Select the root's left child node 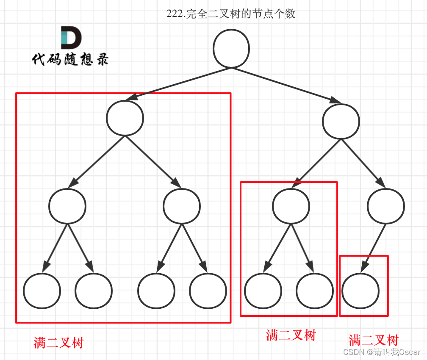pyautogui.click(x=125, y=118)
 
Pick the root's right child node pyautogui.click(x=341, y=122)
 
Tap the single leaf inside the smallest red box pyautogui.click(x=360, y=291)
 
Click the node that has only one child pyautogui.click(x=386, y=206)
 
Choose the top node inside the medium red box pyautogui.click(x=291, y=206)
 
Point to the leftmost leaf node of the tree pyautogui.click(x=42, y=291)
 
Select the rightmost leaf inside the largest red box pyautogui.click(x=208, y=291)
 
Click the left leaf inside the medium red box pyautogui.click(x=263, y=291)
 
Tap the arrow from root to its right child pyautogui.click(x=288, y=85)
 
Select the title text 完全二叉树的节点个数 pyautogui.click(x=242, y=14)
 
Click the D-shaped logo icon pyautogui.click(x=71, y=37)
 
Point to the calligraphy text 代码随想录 pyautogui.click(x=70, y=59)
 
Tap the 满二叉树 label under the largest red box pyautogui.click(x=59, y=343)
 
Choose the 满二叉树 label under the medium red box pyautogui.click(x=291, y=335)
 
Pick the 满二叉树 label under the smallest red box pyautogui.click(x=373, y=340)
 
